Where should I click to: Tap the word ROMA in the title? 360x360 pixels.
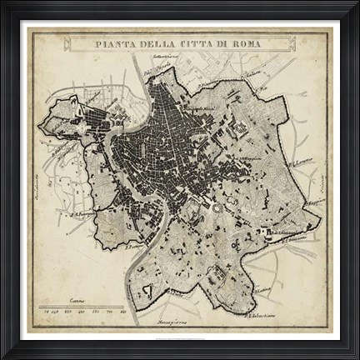[242, 43]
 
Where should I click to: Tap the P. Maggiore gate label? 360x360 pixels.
[311, 201]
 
